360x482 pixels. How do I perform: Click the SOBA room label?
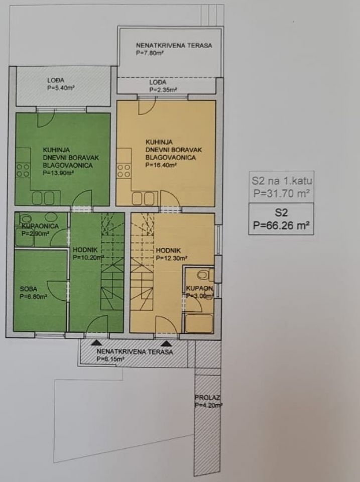click(x=29, y=289)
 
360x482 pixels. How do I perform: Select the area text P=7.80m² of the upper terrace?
click(x=150, y=53)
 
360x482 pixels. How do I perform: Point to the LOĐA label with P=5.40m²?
click(x=56, y=80)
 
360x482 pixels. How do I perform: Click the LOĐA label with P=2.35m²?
click(x=158, y=82)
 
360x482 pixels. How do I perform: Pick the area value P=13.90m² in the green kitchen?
click(x=58, y=173)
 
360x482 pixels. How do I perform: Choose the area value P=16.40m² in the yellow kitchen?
click(x=161, y=165)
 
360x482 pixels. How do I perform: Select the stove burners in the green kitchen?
click(x=23, y=170)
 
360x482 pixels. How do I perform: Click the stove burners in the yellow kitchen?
click(x=124, y=171)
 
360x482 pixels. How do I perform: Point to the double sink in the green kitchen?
click(x=43, y=198)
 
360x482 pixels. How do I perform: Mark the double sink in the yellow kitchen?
click(x=143, y=198)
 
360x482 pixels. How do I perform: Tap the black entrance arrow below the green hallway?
click(x=96, y=342)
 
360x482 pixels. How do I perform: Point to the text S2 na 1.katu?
click(x=282, y=180)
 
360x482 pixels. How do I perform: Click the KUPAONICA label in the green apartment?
click(x=40, y=226)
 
